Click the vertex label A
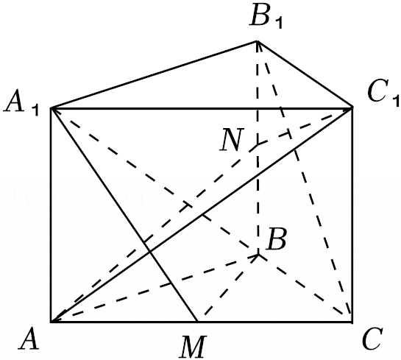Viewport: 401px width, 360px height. coord(29,339)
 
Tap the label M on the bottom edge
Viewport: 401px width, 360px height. coord(193,347)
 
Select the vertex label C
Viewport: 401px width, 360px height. coord(372,339)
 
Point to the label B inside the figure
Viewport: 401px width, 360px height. coord(276,239)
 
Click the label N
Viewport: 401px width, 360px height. coord(231,139)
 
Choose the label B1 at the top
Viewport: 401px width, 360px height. coord(266,17)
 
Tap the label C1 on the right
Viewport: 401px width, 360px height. coord(383,93)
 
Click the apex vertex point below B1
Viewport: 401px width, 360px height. coord(257,41)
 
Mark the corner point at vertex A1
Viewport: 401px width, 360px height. coord(52,108)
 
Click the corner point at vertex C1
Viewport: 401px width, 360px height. coord(352,107)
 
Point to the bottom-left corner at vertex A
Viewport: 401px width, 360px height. coord(52,322)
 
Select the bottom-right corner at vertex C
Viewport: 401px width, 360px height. coord(352,322)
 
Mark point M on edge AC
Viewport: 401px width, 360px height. coord(197,322)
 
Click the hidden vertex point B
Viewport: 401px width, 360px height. coord(258,254)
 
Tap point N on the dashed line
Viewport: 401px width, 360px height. coord(258,144)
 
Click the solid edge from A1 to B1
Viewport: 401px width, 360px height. coord(155,74)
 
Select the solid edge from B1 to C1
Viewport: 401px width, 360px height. coord(305,74)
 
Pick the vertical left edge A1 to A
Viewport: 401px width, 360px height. coord(52,215)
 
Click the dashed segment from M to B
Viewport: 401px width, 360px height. coord(229,287)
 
